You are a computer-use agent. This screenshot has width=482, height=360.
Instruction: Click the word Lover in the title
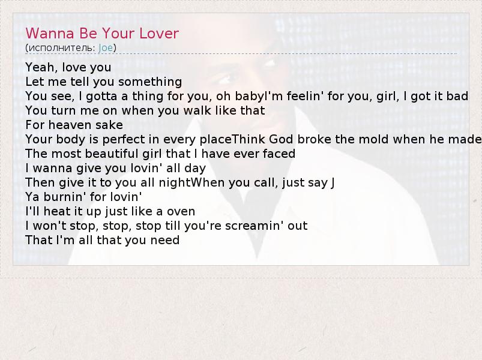click(x=159, y=33)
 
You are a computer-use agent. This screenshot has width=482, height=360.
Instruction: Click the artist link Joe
click(x=106, y=48)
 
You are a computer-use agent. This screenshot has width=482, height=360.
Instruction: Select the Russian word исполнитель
click(x=60, y=48)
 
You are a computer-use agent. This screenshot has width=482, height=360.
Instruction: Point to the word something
click(x=150, y=82)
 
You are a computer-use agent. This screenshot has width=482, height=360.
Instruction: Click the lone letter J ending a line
click(x=333, y=183)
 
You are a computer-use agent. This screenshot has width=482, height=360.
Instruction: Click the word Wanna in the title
click(x=50, y=33)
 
